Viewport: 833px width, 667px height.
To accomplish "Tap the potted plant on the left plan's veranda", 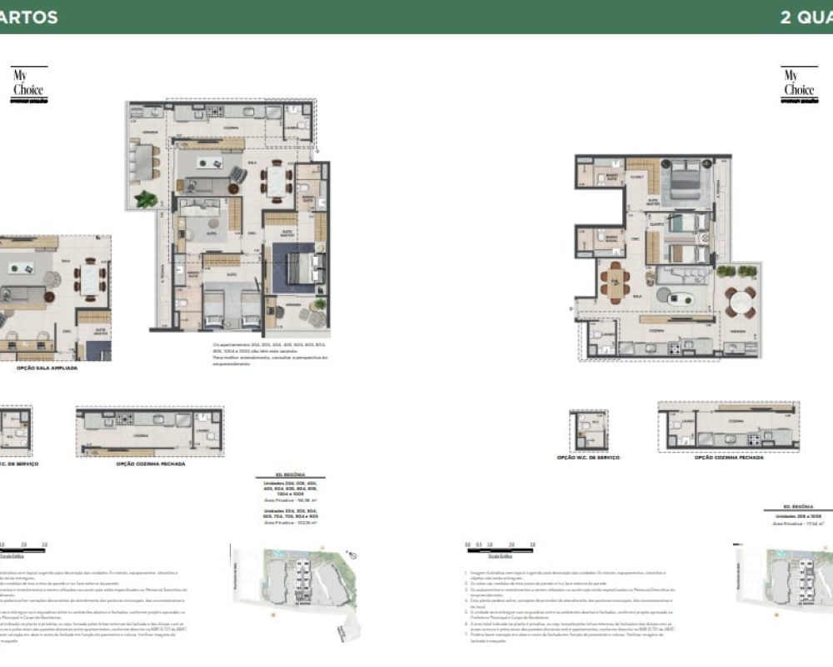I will coord(147,199).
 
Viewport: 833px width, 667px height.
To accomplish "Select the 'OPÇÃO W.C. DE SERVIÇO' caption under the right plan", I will coord(591,458).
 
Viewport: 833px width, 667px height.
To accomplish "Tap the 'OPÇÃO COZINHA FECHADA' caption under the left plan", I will coord(151,464).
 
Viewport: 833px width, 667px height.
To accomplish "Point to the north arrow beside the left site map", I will coord(354,554).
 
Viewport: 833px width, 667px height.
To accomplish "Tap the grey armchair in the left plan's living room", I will coord(238,174).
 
